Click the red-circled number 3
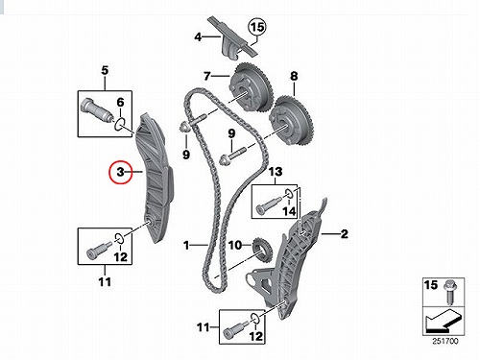pos(120,172)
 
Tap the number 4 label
pos(198,37)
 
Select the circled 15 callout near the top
pos(257,28)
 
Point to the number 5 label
pos(105,70)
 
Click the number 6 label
pos(120,103)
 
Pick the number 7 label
pos(207,76)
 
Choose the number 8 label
pos(294,76)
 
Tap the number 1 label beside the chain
pos(186,246)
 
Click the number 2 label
pos(344,234)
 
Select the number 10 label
pos(235,246)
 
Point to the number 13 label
pos(276,172)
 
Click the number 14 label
pos(289,211)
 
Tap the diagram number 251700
pos(445,341)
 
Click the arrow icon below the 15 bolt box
pos(444,322)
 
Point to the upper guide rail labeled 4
pos(232,39)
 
